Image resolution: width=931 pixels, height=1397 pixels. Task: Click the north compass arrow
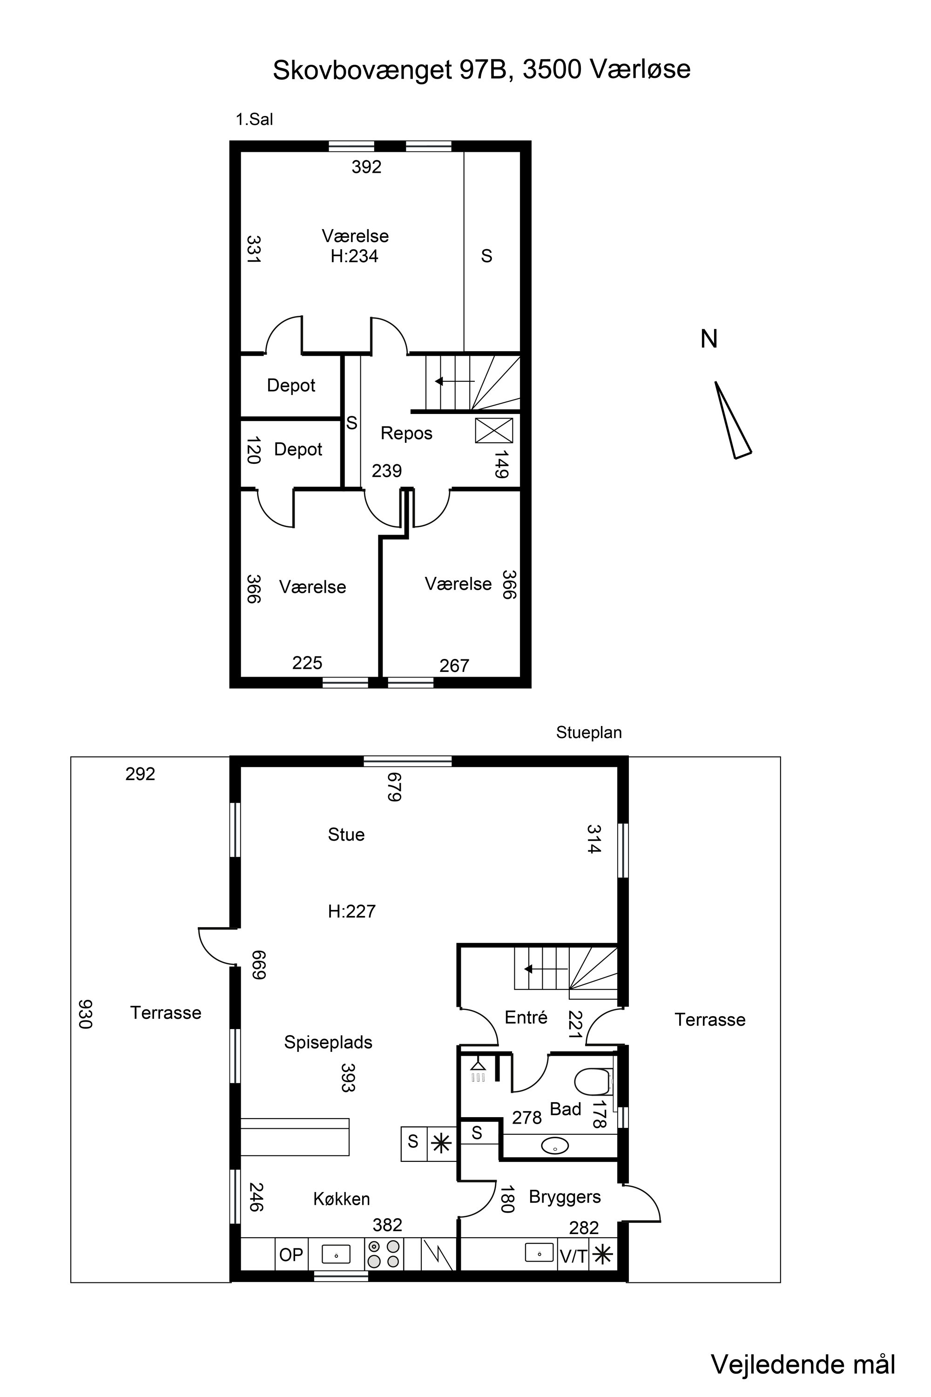point(733,420)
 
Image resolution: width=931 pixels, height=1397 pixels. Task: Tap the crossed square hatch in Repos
point(494,430)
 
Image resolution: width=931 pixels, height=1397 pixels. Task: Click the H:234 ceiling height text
point(354,256)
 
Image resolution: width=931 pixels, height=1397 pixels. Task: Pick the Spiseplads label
point(328,1043)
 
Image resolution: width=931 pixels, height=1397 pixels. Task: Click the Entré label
point(526,1017)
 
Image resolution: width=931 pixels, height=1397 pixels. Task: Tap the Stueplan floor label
point(588,733)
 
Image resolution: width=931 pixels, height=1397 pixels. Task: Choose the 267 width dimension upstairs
point(454,666)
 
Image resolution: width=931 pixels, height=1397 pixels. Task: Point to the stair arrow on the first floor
point(455,381)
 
